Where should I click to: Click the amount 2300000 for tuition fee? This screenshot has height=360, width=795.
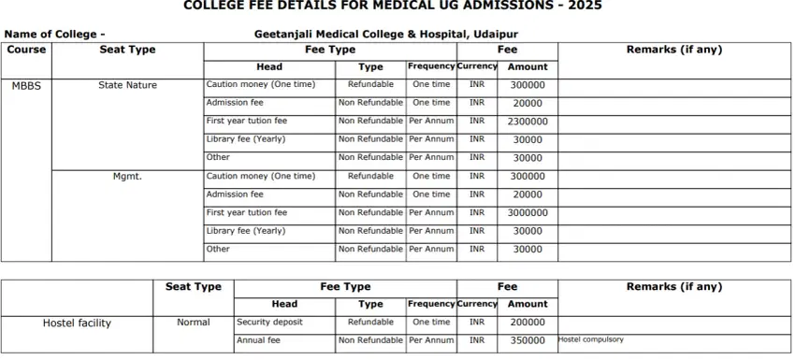click(528, 122)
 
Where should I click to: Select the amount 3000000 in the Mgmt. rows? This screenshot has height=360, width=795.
click(528, 213)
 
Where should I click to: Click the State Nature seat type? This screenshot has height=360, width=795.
click(127, 85)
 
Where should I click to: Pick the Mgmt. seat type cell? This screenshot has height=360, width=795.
click(127, 176)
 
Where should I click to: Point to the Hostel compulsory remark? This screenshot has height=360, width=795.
click(590, 339)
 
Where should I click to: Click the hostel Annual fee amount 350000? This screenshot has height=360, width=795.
click(528, 340)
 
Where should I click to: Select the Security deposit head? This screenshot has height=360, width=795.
click(269, 323)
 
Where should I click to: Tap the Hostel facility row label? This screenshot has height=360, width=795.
click(77, 324)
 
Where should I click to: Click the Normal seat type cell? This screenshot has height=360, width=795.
click(193, 323)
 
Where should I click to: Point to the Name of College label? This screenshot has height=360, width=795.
click(54, 35)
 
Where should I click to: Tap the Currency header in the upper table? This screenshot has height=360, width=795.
click(477, 67)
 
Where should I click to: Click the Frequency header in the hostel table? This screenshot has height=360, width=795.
click(431, 304)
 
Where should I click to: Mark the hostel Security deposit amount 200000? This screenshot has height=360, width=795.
click(528, 323)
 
